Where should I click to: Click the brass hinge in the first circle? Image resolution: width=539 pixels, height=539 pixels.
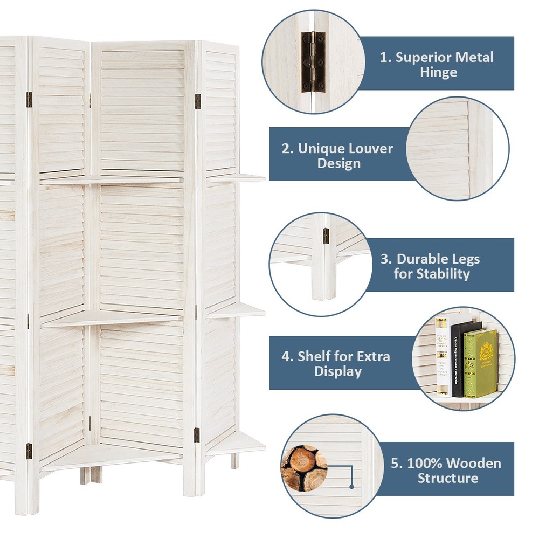point(313,61)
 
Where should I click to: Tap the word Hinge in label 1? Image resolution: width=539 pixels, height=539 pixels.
point(438,73)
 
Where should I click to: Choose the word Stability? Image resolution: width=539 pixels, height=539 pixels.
point(443,274)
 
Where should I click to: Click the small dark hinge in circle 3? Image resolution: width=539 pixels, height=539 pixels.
point(326,234)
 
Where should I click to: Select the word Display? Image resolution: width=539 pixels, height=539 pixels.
point(338,371)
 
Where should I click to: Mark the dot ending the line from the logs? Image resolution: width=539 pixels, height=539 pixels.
point(351,486)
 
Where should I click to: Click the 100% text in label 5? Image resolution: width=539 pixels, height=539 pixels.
point(421,463)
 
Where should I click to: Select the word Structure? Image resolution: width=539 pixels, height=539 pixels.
point(447,478)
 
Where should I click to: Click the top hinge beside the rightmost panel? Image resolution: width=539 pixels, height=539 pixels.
point(198,101)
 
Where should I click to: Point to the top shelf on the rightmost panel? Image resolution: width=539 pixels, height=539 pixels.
point(237,177)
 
